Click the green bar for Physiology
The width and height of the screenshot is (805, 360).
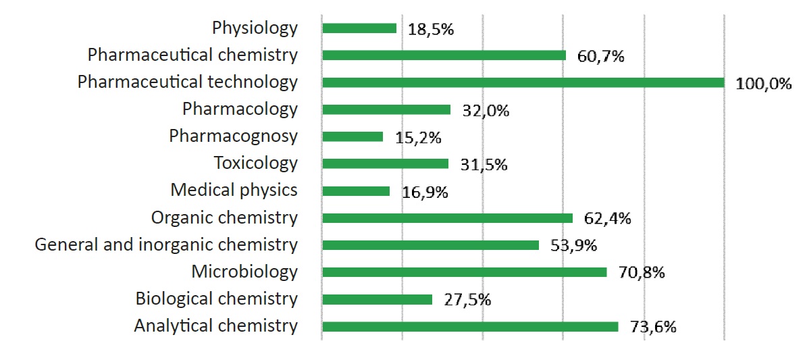(x=359, y=28)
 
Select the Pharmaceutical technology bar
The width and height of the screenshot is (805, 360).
(x=523, y=82)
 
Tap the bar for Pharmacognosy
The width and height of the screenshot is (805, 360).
(x=353, y=136)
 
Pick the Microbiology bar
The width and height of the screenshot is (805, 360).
(x=465, y=272)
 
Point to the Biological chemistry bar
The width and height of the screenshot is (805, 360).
(x=377, y=299)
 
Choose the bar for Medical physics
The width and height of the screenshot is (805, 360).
(x=356, y=191)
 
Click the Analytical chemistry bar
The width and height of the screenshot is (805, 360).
(x=470, y=327)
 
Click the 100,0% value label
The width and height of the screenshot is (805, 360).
(x=763, y=84)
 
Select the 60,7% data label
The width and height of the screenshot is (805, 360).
(x=600, y=56)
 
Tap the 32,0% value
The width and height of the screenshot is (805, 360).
(x=486, y=111)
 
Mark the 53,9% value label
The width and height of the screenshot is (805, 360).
(x=573, y=246)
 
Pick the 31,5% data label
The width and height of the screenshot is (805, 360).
(x=484, y=165)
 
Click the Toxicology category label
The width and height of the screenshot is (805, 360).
(x=255, y=163)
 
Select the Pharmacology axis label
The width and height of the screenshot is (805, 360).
(x=240, y=109)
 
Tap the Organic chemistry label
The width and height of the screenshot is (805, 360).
(x=224, y=217)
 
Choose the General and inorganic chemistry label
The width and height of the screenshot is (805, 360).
(x=166, y=245)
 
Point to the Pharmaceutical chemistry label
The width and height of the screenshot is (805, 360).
(x=192, y=55)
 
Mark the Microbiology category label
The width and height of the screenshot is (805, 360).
(x=244, y=272)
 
